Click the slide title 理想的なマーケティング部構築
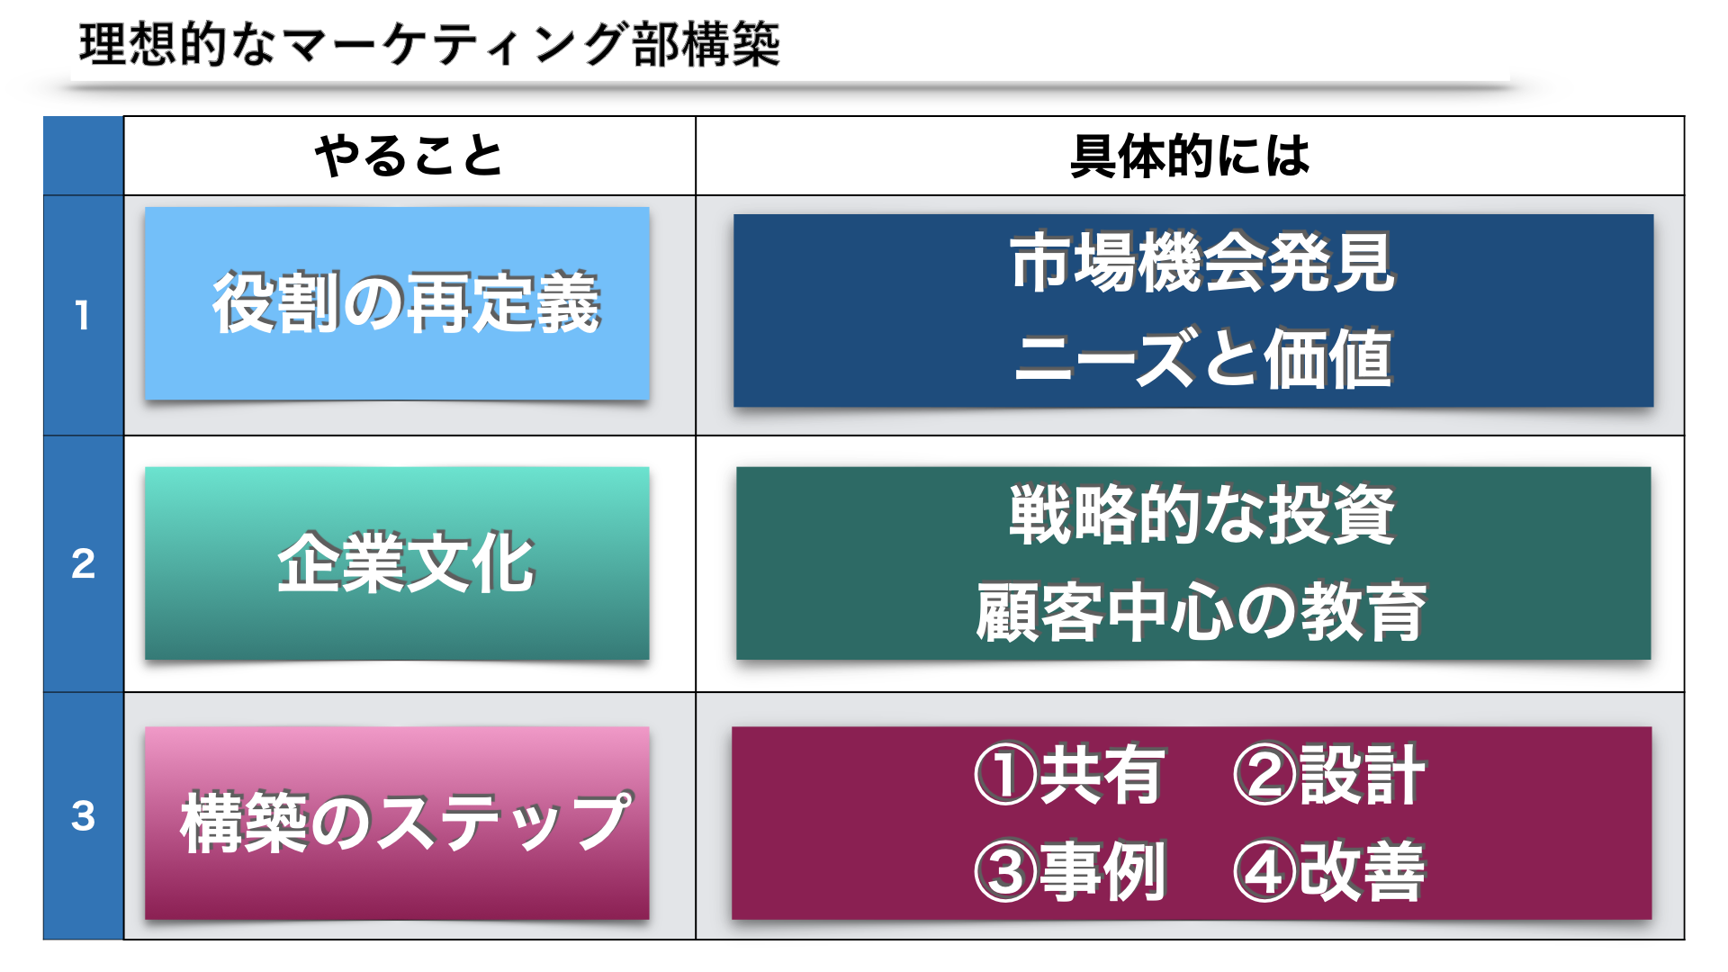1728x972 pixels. pos(429,44)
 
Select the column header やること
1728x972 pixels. pos(409,156)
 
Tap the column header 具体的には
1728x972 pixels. pos(1190,156)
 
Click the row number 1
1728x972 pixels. pos(83,315)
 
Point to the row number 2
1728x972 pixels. pos(83,563)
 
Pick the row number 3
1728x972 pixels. pos(83,815)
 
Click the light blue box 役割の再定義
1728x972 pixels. pos(397,303)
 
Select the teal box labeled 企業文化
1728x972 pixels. pos(397,563)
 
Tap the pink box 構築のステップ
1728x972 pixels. pos(397,823)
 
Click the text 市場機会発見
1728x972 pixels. pos(1202,263)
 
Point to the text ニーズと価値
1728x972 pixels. pos(1202,358)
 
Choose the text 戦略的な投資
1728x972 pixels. pos(1202,515)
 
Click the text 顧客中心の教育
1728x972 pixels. pos(1202,612)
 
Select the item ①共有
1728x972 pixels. pos(1070,775)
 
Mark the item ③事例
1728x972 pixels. pos(1070,871)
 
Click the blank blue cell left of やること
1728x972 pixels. pos(84,156)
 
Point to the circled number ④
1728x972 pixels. pos(1264,872)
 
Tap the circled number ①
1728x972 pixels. pos(1005,775)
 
